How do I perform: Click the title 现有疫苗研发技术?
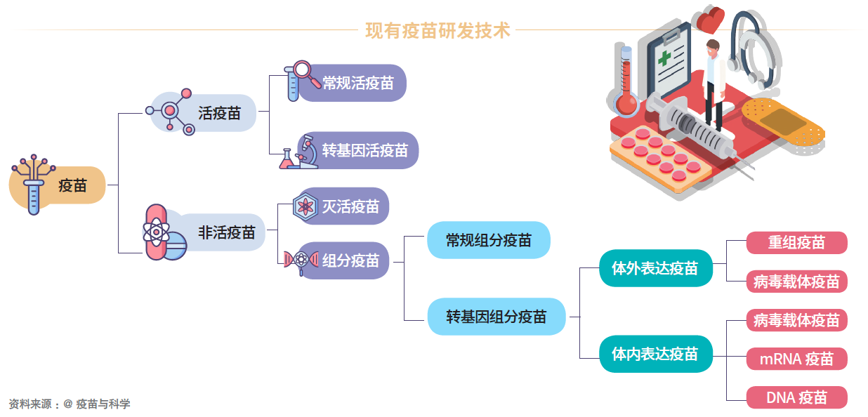click(438, 31)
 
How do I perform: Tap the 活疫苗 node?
click(219, 113)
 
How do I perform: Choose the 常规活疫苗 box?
click(357, 83)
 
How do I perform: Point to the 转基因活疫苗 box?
click(364, 150)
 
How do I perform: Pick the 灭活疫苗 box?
click(350, 206)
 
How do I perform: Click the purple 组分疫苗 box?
click(350, 260)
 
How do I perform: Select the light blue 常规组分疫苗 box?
click(488, 240)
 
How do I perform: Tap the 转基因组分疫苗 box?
click(496, 316)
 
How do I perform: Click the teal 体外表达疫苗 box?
click(655, 268)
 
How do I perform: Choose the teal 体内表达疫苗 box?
click(655, 353)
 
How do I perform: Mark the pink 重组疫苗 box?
click(796, 243)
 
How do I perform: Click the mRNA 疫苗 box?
click(796, 359)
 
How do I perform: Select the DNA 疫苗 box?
click(796, 397)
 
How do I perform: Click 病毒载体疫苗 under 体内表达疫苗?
click(796, 320)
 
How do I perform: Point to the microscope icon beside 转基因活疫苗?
click(308, 150)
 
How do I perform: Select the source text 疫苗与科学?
click(103, 404)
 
